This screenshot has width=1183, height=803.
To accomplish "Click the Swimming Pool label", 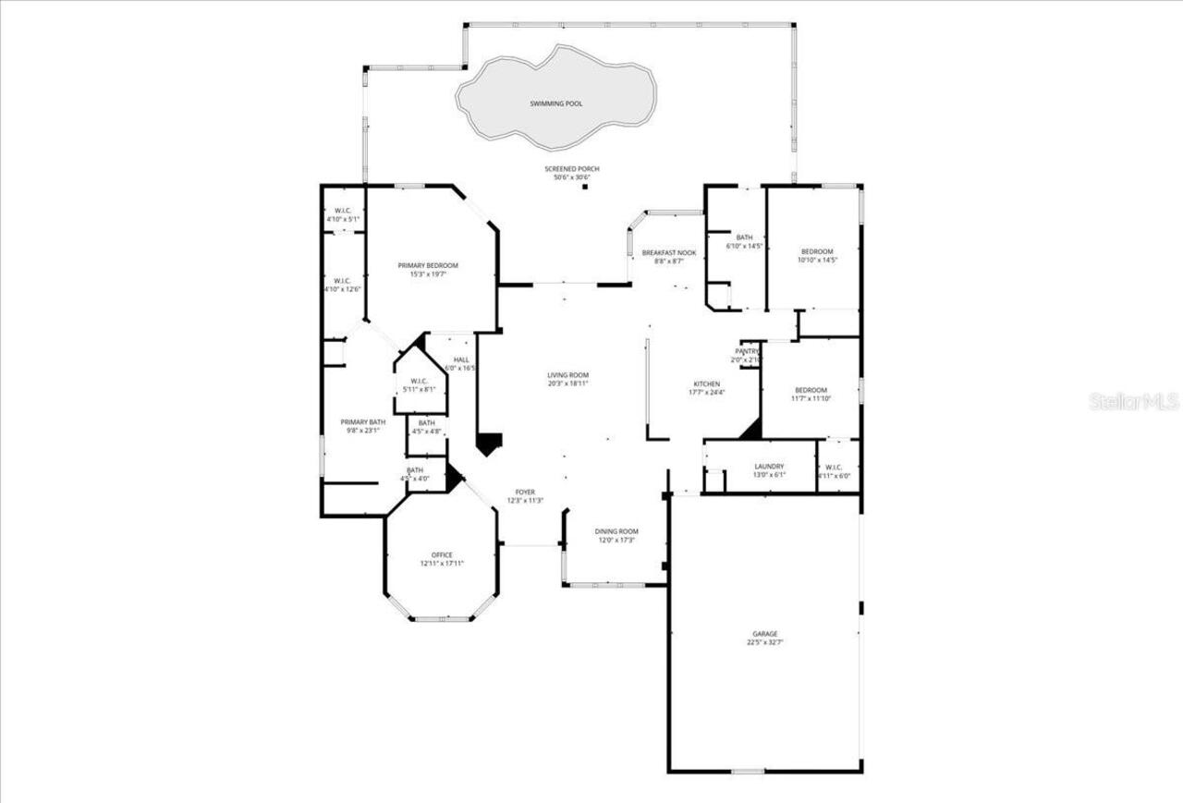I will pyautogui.click(x=555, y=104).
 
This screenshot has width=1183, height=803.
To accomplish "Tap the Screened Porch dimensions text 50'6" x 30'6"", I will pyautogui.click(x=577, y=177).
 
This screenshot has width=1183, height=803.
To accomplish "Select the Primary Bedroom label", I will pyautogui.click(x=428, y=266).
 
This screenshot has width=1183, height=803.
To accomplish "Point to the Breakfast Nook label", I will pyautogui.click(x=669, y=253).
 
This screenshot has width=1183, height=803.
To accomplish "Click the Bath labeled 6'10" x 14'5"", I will pyautogui.click(x=744, y=237).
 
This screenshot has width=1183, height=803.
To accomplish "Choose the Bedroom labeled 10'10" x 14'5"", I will pyautogui.click(x=816, y=252).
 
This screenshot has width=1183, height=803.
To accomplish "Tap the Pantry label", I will pyautogui.click(x=747, y=351).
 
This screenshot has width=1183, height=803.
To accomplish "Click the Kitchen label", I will pyautogui.click(x=708, y=384).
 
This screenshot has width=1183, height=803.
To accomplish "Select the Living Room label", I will pyautogui.click(x=567, y=375).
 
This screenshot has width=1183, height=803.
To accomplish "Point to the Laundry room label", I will pyautogui.click(x=769, y=467).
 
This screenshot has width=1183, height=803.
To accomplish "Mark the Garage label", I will pyautogui.click(x=764, y=634).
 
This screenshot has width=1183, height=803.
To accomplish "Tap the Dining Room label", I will pyautogui.click(x=616, y=531).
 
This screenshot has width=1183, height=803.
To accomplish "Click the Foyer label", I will pyautogui.click(x=525, y=493).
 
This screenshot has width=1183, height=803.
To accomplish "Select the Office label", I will pyautogui.click(x=442, y=555).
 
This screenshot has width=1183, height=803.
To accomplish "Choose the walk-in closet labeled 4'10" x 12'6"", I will pyautogui.click(x=342, y=281).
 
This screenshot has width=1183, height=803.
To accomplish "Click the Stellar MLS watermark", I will pyautogui.click(x=1133, y=401).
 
